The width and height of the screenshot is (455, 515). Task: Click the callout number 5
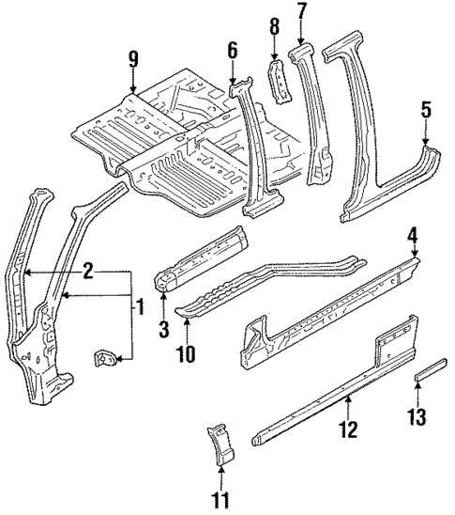pyautogui.click(x=426, y=110)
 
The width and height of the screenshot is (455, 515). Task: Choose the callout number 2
pyautogui.click(x=85, y=272)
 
